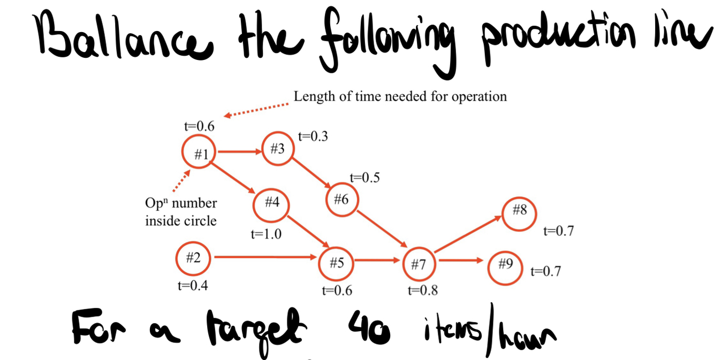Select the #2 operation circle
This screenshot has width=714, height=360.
[193, 258]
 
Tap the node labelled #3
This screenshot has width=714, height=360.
[278, 149]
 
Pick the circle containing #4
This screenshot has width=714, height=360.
[271, 203]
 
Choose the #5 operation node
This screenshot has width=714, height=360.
[336, 262]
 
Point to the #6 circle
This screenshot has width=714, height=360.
[342, 200]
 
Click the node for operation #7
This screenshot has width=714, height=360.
[419, 264]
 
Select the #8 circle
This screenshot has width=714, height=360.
[519, 211]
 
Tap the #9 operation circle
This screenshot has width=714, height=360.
[505, 264]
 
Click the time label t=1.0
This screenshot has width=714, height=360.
[266, 234]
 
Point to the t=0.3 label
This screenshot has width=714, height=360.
[313, 136]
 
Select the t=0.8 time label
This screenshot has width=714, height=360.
[422, 290]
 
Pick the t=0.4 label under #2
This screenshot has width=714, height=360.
[193, 286]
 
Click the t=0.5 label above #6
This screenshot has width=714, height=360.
[364, 178]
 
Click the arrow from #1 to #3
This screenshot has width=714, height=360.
[239, 152]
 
